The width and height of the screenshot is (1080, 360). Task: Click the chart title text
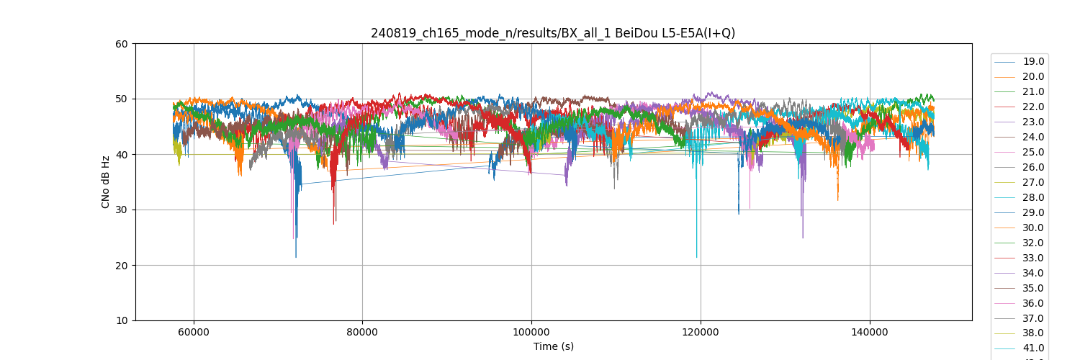coord(553,33)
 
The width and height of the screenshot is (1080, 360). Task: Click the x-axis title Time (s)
coord(553,346)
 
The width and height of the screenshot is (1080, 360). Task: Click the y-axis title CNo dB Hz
coord(106,182)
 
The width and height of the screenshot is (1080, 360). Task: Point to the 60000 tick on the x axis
coord(193,332)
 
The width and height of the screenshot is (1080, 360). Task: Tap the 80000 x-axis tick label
coord(362,332)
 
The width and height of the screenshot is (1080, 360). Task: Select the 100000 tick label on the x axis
coord(531,332)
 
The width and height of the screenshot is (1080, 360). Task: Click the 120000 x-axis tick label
coord(701,332)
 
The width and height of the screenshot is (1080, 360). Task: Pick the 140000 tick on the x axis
coord(870,332)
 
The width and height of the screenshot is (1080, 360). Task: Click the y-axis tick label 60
coord(122,44)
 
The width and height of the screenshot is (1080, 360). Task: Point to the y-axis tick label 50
coord(122,99)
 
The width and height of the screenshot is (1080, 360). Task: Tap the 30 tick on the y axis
coord(122,210)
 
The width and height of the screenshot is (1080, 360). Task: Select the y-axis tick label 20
coord(122,266)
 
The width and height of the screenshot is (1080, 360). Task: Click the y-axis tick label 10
coord(122,320)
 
